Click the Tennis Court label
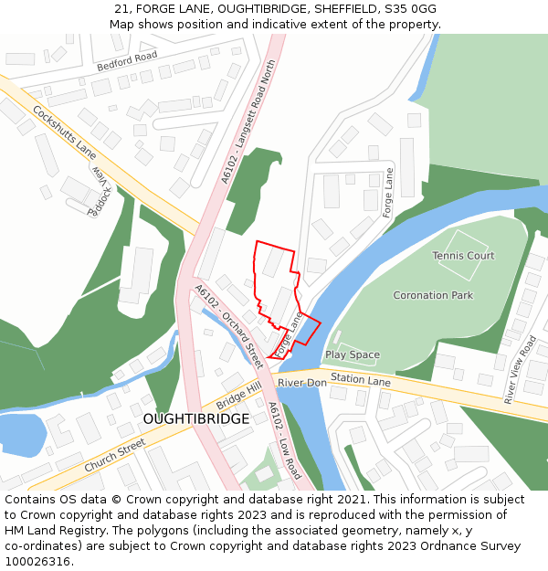463,256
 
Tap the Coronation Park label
433,295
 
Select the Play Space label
352,354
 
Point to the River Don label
301,382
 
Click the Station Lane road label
360,378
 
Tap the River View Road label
521,369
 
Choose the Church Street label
114,455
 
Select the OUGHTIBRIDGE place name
195,418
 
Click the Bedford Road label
127,61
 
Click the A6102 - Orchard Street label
229,324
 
